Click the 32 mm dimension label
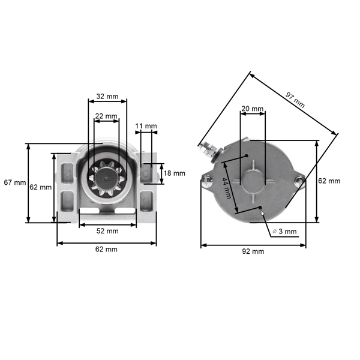[x=107, y=96]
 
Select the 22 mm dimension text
[x=107, y=116]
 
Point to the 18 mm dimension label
[x=175, y=173]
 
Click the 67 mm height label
[x=14, y=182]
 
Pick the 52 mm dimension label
[x=107, y=230]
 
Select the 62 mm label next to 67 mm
[x=40, y=187]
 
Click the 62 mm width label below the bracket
[x=107, y=249]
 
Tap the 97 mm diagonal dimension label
[x=295, y=98]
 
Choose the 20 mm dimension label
[x=252, y=109]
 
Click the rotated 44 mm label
[x=227, y=188]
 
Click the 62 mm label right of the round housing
[x=329, y=181]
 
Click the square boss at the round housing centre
[x=252, y=180]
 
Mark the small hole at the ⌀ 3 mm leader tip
[x=261, y=209]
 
